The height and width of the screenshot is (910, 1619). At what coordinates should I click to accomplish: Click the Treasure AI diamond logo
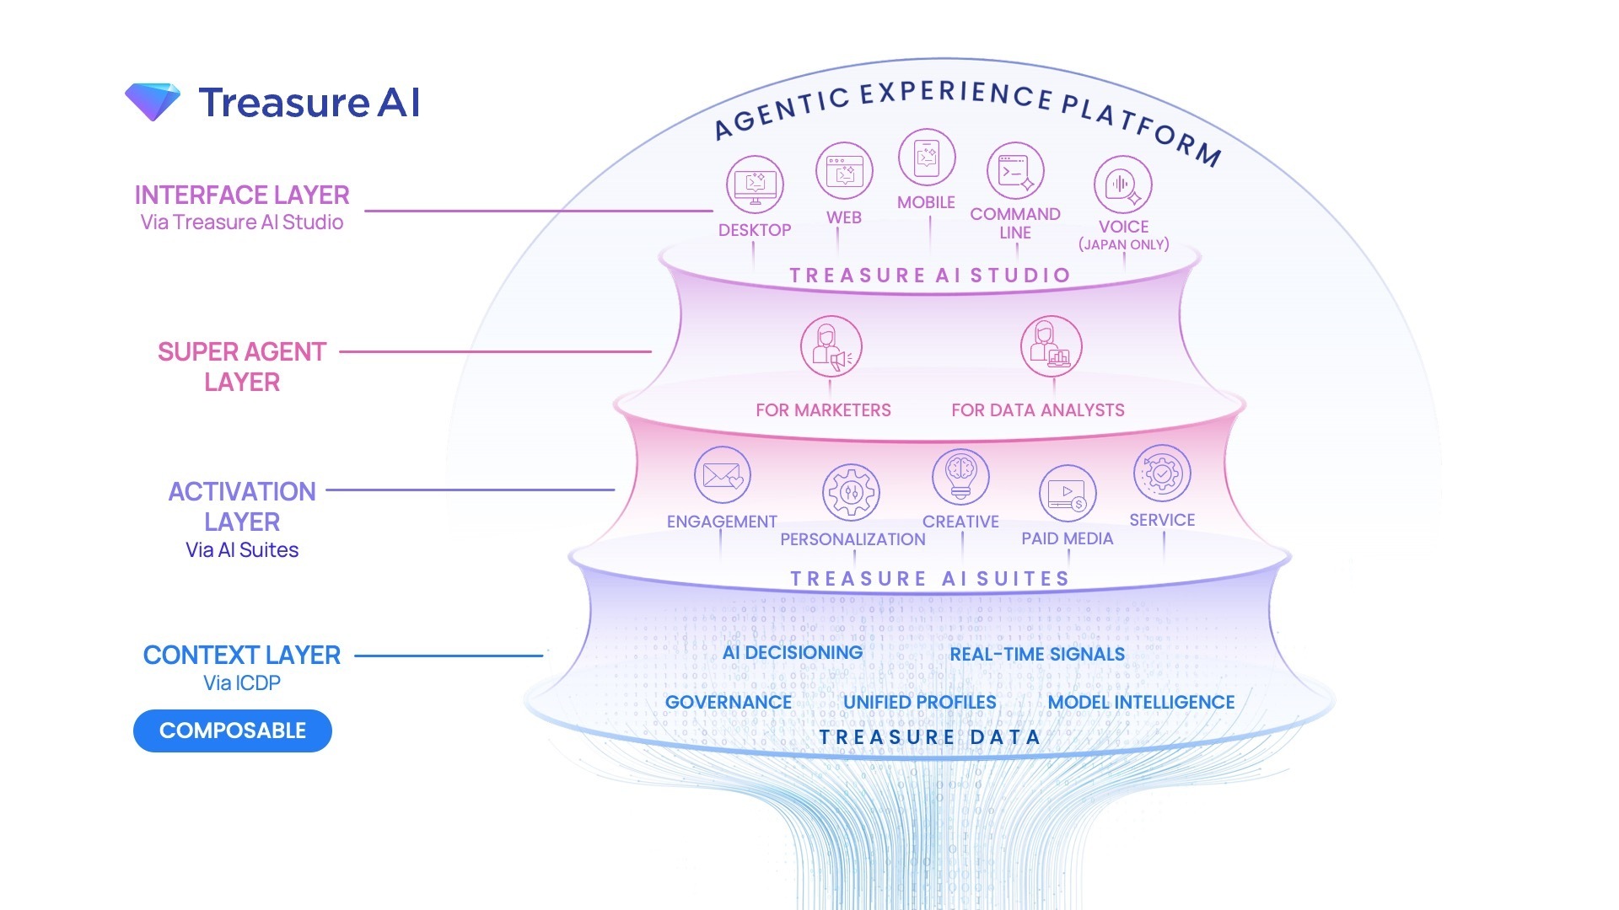153,102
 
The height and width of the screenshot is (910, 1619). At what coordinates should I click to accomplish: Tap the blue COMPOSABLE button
233,731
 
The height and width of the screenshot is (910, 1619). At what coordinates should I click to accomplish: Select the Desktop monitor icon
755,185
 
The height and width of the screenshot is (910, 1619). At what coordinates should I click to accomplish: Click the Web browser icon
844,171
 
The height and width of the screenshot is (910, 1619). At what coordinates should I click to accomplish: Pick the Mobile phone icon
927,158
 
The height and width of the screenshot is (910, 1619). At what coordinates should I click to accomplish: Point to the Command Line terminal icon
1015,171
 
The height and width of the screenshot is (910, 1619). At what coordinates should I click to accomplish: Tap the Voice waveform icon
1122,185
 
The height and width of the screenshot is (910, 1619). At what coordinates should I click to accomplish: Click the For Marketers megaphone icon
831,346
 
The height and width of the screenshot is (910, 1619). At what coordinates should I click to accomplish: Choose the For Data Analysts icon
1051,346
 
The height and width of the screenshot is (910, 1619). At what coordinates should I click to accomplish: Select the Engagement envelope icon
723,475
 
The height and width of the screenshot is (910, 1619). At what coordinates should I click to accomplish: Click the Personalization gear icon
852,492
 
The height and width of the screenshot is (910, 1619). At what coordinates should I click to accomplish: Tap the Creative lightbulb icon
960,475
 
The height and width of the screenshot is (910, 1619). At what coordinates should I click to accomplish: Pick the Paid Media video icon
1068,493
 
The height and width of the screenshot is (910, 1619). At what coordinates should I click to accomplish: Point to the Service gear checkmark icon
1162,474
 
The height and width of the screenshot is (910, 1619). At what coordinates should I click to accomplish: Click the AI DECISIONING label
793,653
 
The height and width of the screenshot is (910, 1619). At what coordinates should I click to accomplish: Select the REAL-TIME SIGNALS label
1037,655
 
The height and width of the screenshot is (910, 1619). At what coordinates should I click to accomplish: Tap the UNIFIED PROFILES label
920,703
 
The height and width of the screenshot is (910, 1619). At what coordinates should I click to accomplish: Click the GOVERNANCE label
729,703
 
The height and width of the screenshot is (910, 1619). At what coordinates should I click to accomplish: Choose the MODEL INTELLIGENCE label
1141,703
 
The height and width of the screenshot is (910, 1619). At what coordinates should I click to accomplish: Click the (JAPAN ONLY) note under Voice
1124,245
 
